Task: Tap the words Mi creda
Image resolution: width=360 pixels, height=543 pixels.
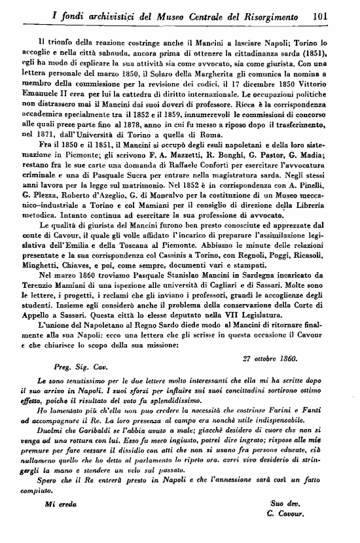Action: (60, 505)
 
